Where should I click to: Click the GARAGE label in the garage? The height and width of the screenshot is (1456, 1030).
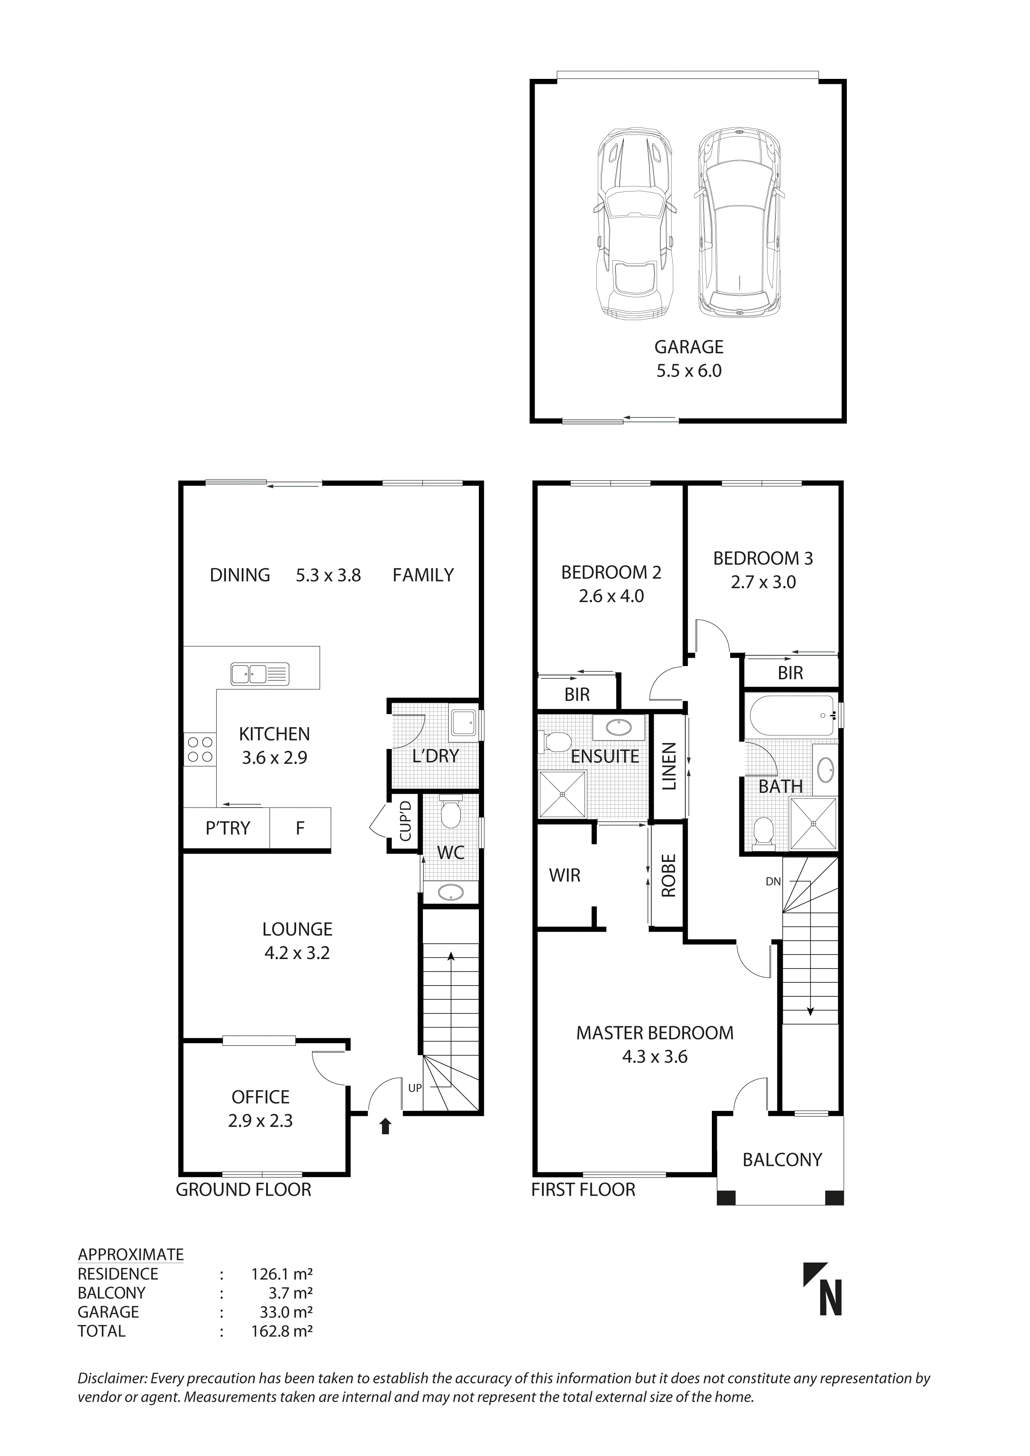tap(688, 347)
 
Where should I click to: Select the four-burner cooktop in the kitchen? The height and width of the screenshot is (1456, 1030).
tap(200, 749)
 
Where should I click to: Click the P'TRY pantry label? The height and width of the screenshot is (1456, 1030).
tap(228, 828)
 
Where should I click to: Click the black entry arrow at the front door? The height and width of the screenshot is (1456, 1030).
tap(385, 1126)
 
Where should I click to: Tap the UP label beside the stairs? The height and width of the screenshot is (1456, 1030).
tap(415, 1088)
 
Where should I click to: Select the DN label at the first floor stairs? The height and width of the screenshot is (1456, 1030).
tap(772, 881)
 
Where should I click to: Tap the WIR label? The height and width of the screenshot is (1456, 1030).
tap(564, 876)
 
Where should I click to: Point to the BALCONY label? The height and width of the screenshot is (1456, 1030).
tap(782, 1160)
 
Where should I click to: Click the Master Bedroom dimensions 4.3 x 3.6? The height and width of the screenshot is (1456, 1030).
tap(655, 1057)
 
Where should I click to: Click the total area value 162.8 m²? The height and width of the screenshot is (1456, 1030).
tap(282, 1331)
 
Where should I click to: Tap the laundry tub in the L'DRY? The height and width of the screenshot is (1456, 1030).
tap(463, 723)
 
